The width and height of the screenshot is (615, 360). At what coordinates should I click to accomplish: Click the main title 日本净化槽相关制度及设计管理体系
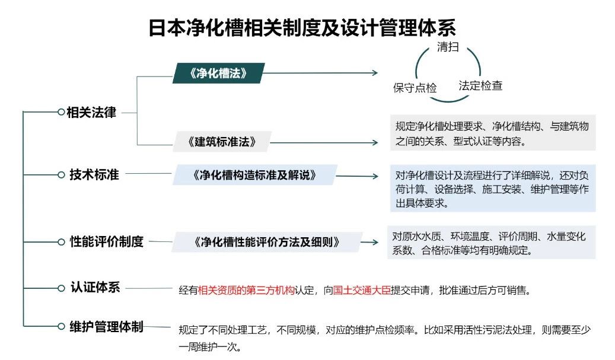pyautogui.click(x=302, y=27)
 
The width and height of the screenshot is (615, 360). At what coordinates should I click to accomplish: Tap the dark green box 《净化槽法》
pyautogui.click(x=218, y=73)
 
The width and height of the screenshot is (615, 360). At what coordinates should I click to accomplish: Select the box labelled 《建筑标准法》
pyautogui.click(x=222, y=142)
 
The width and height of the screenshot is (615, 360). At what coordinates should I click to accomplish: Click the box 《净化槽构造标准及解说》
pyautogui.click(x=255, y=175)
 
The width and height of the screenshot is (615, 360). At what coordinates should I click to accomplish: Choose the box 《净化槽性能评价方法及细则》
pyautogui.click(x=267, y=241)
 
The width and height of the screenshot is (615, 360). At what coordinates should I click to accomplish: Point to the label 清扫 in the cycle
pyautogui.click(x=448, y=47)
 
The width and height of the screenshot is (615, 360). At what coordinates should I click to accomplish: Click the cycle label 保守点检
pyautogui.click(x=415, y=87)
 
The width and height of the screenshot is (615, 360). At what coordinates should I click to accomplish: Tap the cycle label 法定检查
pyautogui.click(x=480, y=85)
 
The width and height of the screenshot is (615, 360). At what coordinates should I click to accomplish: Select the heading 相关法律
pyautogui.click(x=91, y=113)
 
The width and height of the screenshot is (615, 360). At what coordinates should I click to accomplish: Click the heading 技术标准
pyautogui.click(x=94, y=174)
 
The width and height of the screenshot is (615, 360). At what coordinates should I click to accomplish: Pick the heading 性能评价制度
pyautogui.click(x=107, y=241)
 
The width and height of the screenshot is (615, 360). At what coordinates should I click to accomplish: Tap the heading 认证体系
pyautogui.click(x=95, y=288)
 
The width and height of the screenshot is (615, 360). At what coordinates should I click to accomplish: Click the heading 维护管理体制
pyautogui.click(x=106, y=326)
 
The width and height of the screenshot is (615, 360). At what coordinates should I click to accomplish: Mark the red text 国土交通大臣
pyautogui.click(x=362, y=290)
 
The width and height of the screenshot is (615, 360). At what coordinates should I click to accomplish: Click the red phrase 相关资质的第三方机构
pyautogui.click(x=246, y=290)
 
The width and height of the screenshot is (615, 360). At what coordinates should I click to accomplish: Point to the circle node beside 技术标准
pyautogui.click(x=61, y=175)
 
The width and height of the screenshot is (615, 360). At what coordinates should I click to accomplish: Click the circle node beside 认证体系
pyautogui.click(x=61, y=288)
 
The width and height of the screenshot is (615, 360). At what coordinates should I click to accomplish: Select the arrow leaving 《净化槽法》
pyautogui.click(x=320, y=72)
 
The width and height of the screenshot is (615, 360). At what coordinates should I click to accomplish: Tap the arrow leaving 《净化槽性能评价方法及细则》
pyautogui.click(x=369, y=243)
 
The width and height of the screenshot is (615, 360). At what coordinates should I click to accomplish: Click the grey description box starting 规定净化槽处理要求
pyautogui.click(x=493, y=132)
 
